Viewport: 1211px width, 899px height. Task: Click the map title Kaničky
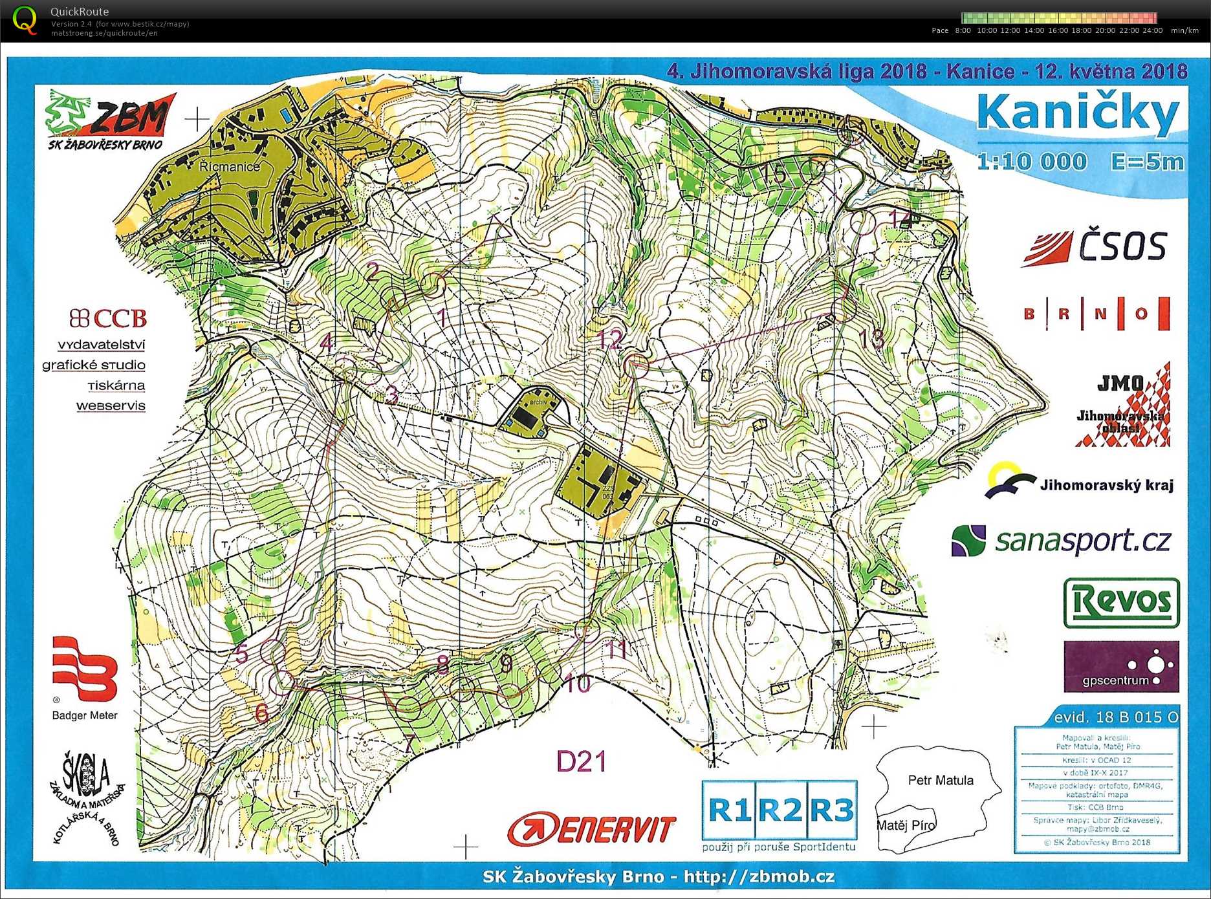pos(1078,113)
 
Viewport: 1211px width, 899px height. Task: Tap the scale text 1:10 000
pos(1031,162)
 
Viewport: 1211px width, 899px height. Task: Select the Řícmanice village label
pos(229,166)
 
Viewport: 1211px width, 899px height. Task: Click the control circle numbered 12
pos(637,365)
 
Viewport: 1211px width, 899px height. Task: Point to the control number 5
pos(241,654)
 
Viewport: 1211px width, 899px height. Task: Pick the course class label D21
pos(581,761)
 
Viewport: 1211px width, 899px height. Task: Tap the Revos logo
pos(1121,602)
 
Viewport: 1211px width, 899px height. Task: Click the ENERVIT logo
pos(591,829)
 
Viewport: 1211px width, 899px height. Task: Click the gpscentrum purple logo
pos(1121,667)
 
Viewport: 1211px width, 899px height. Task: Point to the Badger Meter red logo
pos(84,669)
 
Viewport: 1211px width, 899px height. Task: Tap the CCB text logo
pos(109,318)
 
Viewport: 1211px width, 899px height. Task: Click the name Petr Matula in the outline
pos(940,780)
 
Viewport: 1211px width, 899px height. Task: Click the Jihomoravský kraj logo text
pos(1106,485)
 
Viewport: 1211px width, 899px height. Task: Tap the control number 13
pos(871,338)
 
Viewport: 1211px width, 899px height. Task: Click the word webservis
pos(111,406)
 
